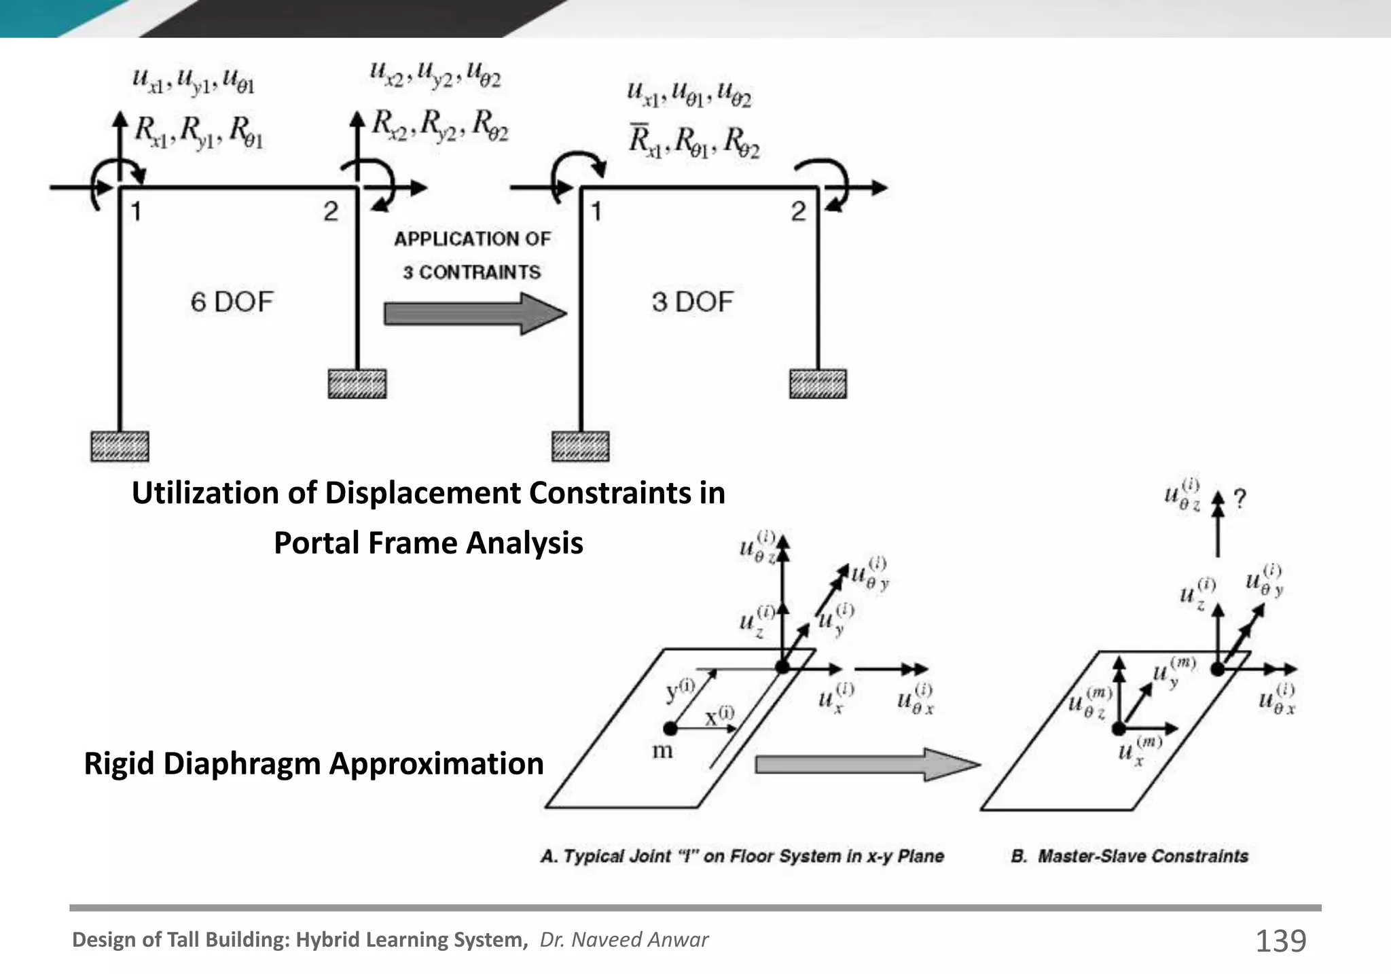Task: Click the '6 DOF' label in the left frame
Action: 232,302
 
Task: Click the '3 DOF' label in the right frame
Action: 692,302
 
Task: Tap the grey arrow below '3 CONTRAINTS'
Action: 474,314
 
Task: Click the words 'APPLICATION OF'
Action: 472,239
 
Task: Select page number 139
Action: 1280,941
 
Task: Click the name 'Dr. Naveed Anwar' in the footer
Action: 624,940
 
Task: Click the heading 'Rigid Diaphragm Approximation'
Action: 314,763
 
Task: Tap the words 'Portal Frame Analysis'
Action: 428,543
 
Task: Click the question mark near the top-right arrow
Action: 1240,499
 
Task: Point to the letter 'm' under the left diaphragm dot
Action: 662,752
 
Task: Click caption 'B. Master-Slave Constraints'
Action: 1129,856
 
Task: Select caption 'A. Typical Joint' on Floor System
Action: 742,856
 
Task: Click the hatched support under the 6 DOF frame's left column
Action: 120,447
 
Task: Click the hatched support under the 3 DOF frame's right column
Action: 818,384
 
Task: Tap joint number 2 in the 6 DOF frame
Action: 331,212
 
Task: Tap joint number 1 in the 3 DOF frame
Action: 596,212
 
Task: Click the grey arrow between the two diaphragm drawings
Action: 866,765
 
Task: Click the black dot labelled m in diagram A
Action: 670,729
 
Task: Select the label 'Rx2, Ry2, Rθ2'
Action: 440,125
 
